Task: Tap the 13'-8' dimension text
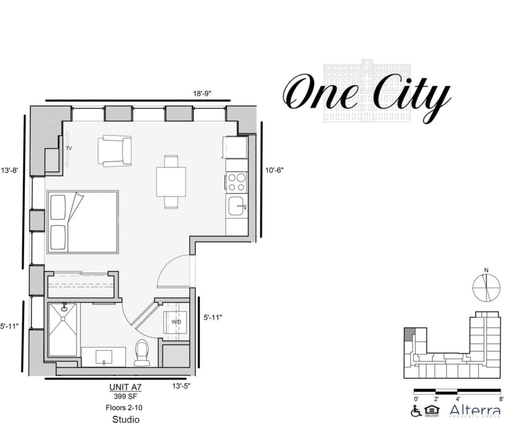coord(9,170)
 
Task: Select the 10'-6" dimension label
coord(274,170)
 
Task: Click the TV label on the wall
coord(69,148)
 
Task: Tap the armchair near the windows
coord(114,150)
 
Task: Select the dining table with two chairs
coord(171,182)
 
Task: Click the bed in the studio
coord(83,221)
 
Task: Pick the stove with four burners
coord(237,182)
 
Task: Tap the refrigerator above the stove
coord(235,147)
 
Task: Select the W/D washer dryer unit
coord(176,322)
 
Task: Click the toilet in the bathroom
coord(142,352)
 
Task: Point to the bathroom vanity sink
coord(103,356)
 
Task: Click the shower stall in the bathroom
coord(63,329)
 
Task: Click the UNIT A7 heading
coord(125,387)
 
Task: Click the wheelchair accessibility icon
coord(416,411)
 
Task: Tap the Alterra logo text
coord(475,411)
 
